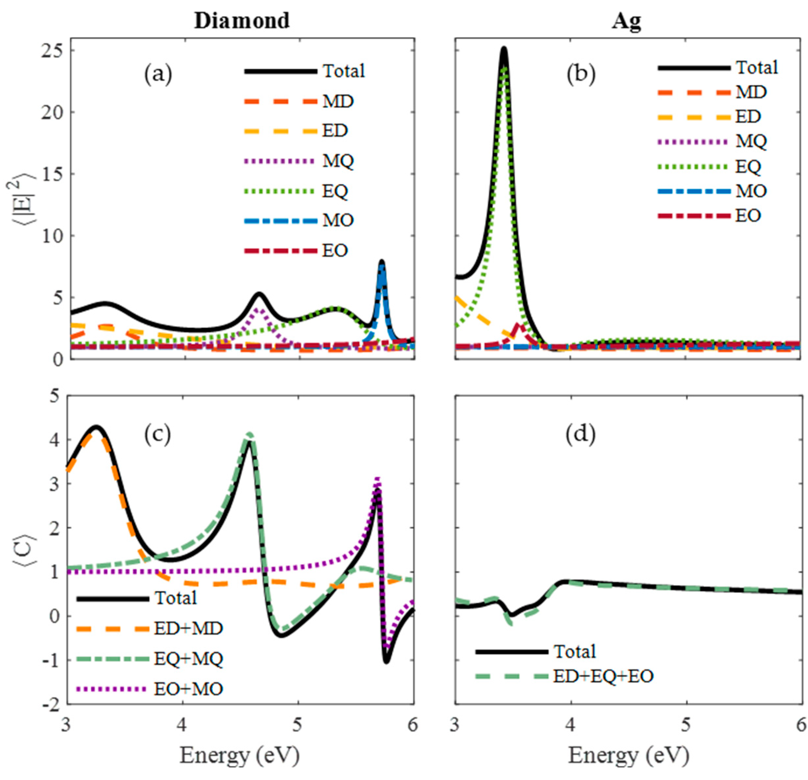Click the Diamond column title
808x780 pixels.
(242, 21)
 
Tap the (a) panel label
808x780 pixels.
(158, 75)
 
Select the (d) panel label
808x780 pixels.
(581, 435)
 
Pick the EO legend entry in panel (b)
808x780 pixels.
(748, 216)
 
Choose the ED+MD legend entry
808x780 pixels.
(188, 629)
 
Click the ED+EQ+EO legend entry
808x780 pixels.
(603, 676)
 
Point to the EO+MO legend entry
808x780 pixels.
(188, 689)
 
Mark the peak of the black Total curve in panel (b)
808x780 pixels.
(504, 49)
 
